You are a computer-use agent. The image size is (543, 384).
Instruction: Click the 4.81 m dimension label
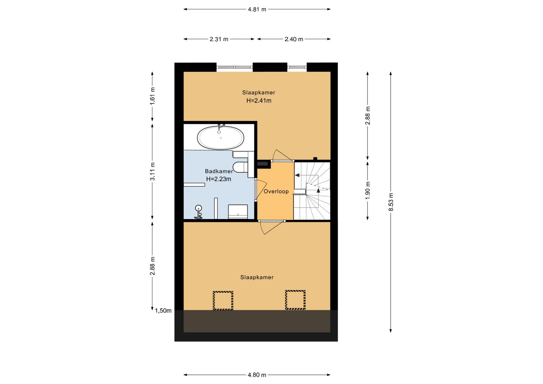[257, 9]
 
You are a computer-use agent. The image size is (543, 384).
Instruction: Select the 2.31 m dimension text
[219, 39]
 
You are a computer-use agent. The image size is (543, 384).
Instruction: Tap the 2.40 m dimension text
[294, 39]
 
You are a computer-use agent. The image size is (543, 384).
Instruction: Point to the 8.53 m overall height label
[391, 202]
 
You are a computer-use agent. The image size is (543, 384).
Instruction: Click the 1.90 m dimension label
[368, 190]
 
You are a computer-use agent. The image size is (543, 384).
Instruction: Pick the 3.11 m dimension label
[152, 171]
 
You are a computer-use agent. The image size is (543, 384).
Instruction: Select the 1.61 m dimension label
[152, 96]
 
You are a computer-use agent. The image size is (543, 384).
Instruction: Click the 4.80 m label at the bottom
[257, 375]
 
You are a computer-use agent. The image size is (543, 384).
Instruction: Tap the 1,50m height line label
[163, 311]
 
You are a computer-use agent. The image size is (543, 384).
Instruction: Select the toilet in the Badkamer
[240, 167]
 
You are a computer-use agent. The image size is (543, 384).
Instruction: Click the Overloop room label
[276, 192]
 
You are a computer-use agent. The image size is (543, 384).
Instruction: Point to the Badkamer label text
[219, 171]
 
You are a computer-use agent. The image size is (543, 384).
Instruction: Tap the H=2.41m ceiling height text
[259, 101]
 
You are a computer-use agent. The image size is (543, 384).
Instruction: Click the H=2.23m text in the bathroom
[219, 179]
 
